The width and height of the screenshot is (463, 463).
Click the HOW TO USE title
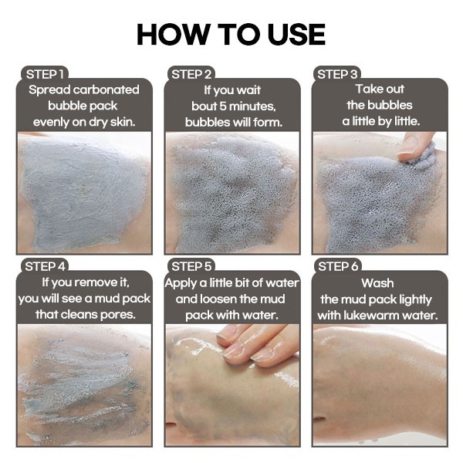coord(231,34)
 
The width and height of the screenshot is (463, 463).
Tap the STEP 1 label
coord(45,74)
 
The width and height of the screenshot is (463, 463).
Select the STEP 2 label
coord(191,74)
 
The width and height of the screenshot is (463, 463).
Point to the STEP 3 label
coord(337,74)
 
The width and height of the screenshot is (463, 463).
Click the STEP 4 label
coord(45,267)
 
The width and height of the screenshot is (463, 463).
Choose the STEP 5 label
coord(191,267)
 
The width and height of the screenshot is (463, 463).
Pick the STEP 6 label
coord(338,267)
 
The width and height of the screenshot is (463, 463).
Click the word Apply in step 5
coord(181,283)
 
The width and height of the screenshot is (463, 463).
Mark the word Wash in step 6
coord(377,283)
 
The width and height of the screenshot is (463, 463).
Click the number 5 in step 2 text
coord(223,106)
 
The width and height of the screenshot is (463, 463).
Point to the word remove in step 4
coord(96,282)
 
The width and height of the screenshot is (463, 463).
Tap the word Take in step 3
coord(367,89)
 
